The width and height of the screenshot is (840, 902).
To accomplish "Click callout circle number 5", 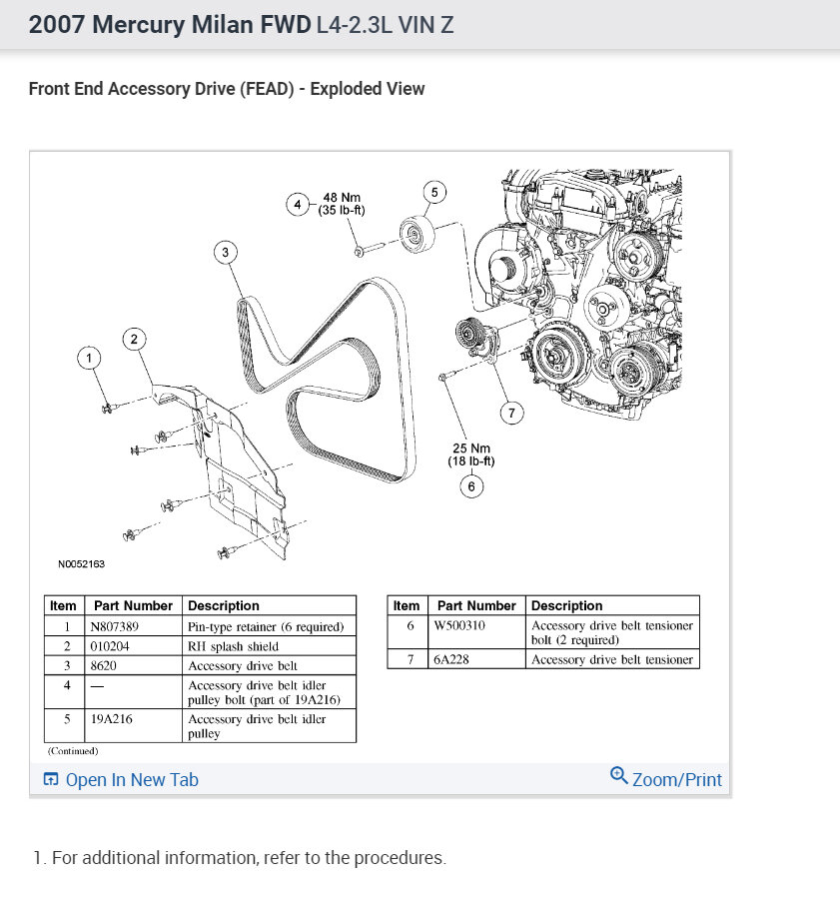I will pyautogui.click(x=433, y=192).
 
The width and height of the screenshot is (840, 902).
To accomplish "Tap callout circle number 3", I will pyautogui.click(x=226, y=253).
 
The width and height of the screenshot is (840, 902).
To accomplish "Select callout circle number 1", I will pyautogui.click(x=89, y=358).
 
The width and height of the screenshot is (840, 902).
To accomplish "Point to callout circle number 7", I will pyautogui.click(x=512, y=412).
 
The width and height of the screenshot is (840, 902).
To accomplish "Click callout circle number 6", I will pyautogui.click(x=471, y=486).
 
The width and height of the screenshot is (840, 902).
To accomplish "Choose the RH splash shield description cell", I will pyautogui.click(x=233, y=646).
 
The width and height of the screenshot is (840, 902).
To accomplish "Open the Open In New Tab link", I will pyautogui.click(x=121, y=780).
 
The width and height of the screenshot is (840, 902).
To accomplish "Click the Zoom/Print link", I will pyautogui.click(x=666, y=779).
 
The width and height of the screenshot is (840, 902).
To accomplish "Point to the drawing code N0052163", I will pyautogui.click(x=81, y=564).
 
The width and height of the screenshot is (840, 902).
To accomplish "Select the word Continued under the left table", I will pyautogui.click(x=73, y=750).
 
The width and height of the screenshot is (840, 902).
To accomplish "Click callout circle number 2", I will pyautogui.click(x=134, y=340).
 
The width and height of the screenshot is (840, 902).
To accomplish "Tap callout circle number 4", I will pyautogui.click(x=297, y=205).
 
